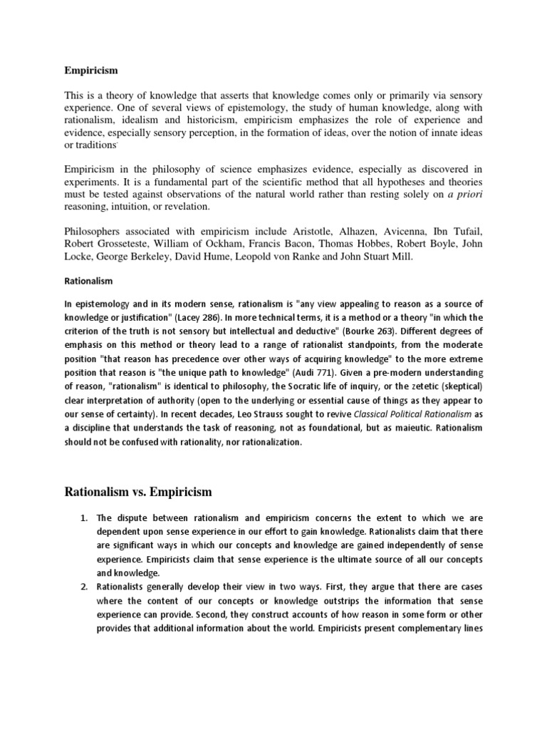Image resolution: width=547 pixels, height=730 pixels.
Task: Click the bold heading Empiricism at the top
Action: coord(87,71)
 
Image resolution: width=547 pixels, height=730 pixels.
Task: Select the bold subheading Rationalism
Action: coord(88,281)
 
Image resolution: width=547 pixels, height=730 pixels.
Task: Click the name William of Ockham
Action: coord(202,244)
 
